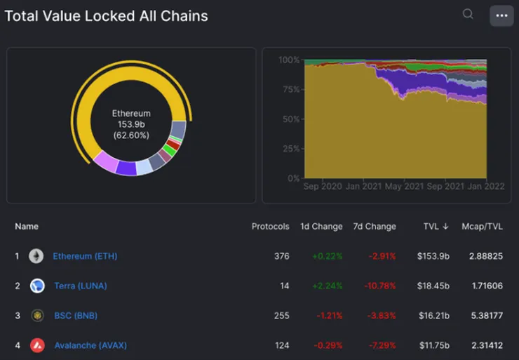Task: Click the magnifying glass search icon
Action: [x=468, y=14]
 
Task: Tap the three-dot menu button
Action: [x=501, y=15]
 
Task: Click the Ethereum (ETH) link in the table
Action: [x=85, y=256]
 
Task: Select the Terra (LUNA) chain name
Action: [x=81, y=286]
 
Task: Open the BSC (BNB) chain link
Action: [x=76, y=316]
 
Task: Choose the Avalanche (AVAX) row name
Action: [x=90, y=345]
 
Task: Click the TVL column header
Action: [x=436, y=227]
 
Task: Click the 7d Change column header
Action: [x=375, y=227]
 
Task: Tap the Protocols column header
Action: [x=271, y=227]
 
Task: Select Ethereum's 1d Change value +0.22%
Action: [x=328, y=256]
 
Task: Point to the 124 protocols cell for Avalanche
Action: [x=282, y=345]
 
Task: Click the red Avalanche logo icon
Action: [x=37, y=345]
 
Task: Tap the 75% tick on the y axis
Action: [x=289, y=90]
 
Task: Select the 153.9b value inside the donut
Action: [x=131, y=124]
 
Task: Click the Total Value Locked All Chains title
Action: [x=107, y=15]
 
